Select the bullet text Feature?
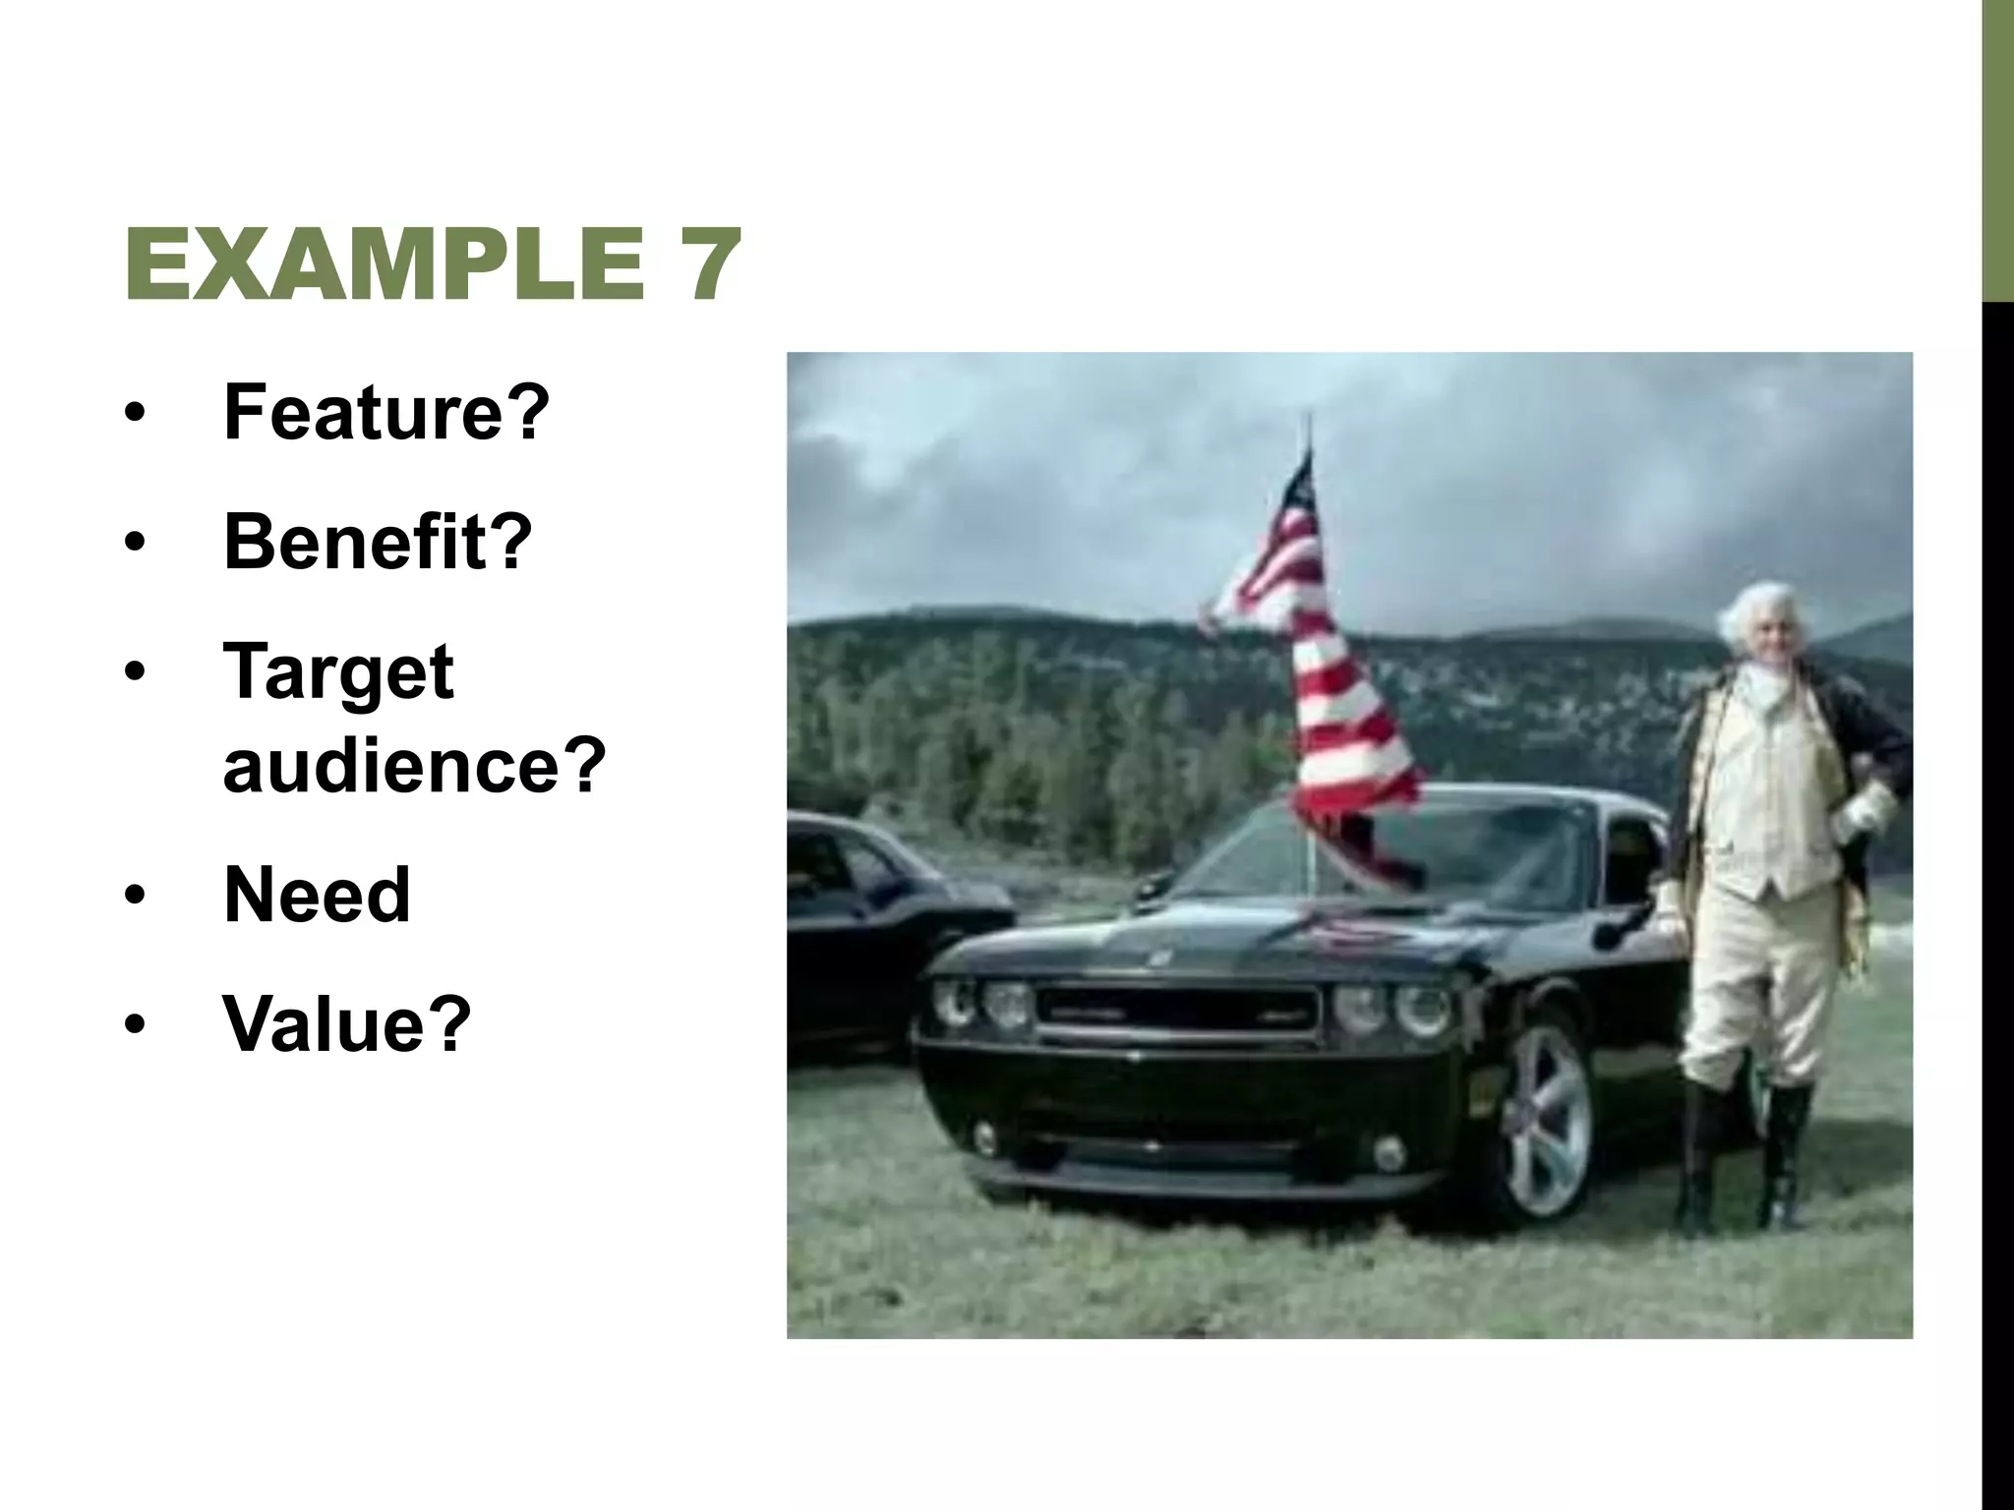(385, 413)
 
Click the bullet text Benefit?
(378, 542)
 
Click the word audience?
(414, 765)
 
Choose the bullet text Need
(316, 895)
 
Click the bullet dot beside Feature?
(135, 413)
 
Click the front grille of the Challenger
(1175, 1013)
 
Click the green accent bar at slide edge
(1997, 147)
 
